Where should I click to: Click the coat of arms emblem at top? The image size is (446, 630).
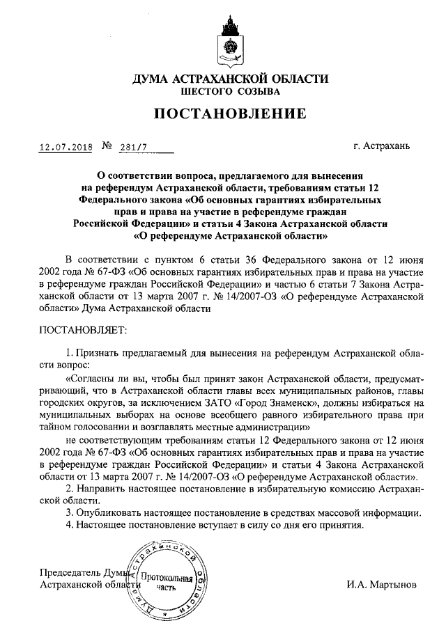(229, 39)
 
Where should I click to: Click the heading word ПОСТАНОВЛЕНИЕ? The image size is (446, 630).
(229, 114)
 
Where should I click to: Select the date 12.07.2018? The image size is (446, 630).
(66, 148)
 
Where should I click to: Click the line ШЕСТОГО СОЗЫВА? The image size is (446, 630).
(229, 91)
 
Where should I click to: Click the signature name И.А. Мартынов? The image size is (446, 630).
(383, 585)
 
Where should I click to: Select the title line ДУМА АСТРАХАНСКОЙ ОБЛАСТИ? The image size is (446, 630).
(229, 78)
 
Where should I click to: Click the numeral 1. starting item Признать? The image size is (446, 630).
(68, 354)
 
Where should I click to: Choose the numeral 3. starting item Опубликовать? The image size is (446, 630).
(68, 513)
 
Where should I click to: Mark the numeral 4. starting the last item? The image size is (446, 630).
(68, 525)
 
